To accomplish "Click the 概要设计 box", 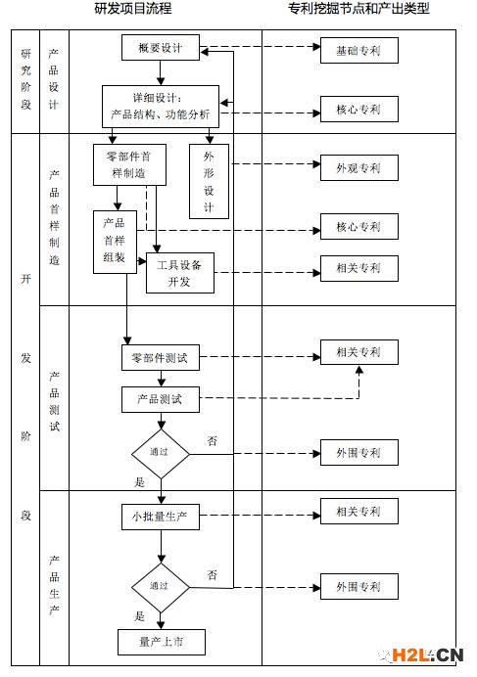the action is pos(161,48).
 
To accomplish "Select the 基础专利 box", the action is pos(358,51).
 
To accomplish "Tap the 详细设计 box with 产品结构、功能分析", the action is pos(161,107).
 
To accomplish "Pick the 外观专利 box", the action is pos(358,167).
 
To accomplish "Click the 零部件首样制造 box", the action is pos(129,164).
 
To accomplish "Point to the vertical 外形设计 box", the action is pos(209,181).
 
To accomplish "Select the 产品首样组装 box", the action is pos(115,242).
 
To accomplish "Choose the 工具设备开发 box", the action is pos(180,273).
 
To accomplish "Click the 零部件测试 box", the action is pos(161,357).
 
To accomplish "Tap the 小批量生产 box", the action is pos(161,517).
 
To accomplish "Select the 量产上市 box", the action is pos(162,642).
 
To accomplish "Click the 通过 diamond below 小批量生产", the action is pos(161,588).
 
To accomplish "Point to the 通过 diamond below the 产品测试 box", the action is pos(161,454).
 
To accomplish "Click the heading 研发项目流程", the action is pos(133,8).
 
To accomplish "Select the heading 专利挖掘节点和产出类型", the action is pos(358,8).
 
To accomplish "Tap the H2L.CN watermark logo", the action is pos(421,654).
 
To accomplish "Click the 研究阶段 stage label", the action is pos(25,79).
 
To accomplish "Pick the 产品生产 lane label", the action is pos(54,585).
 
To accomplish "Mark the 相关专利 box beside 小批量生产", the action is pos(358,512).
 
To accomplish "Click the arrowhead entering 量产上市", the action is pos(161,625).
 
